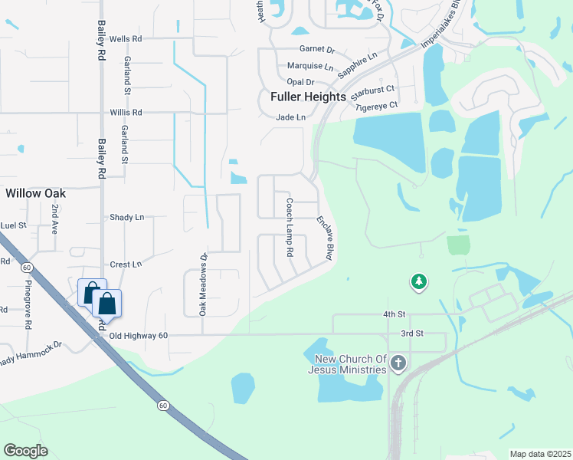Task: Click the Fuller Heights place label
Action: click(x=308, y=98)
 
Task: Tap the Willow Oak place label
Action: click(x=35, y=193)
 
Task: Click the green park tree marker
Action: click(x=418, y=283)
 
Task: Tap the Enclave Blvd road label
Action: click(x=326, y=238)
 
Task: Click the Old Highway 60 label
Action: click(x=138, y=336)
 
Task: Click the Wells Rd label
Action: click(x=126, y=38)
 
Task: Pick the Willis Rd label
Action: click(x=126, y=112)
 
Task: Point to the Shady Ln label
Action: click(x=127, y=218)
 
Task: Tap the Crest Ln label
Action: click(x=126, y=264)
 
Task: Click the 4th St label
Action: click(x=393, y=314)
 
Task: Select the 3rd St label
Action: click(x=412, y=333)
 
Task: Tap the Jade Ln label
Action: click(x=290, y=117)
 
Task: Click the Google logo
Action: click(x=25, y=451)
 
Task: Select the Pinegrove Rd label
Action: click(x=28, y=304)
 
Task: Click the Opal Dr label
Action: click(x=300, y=82)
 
